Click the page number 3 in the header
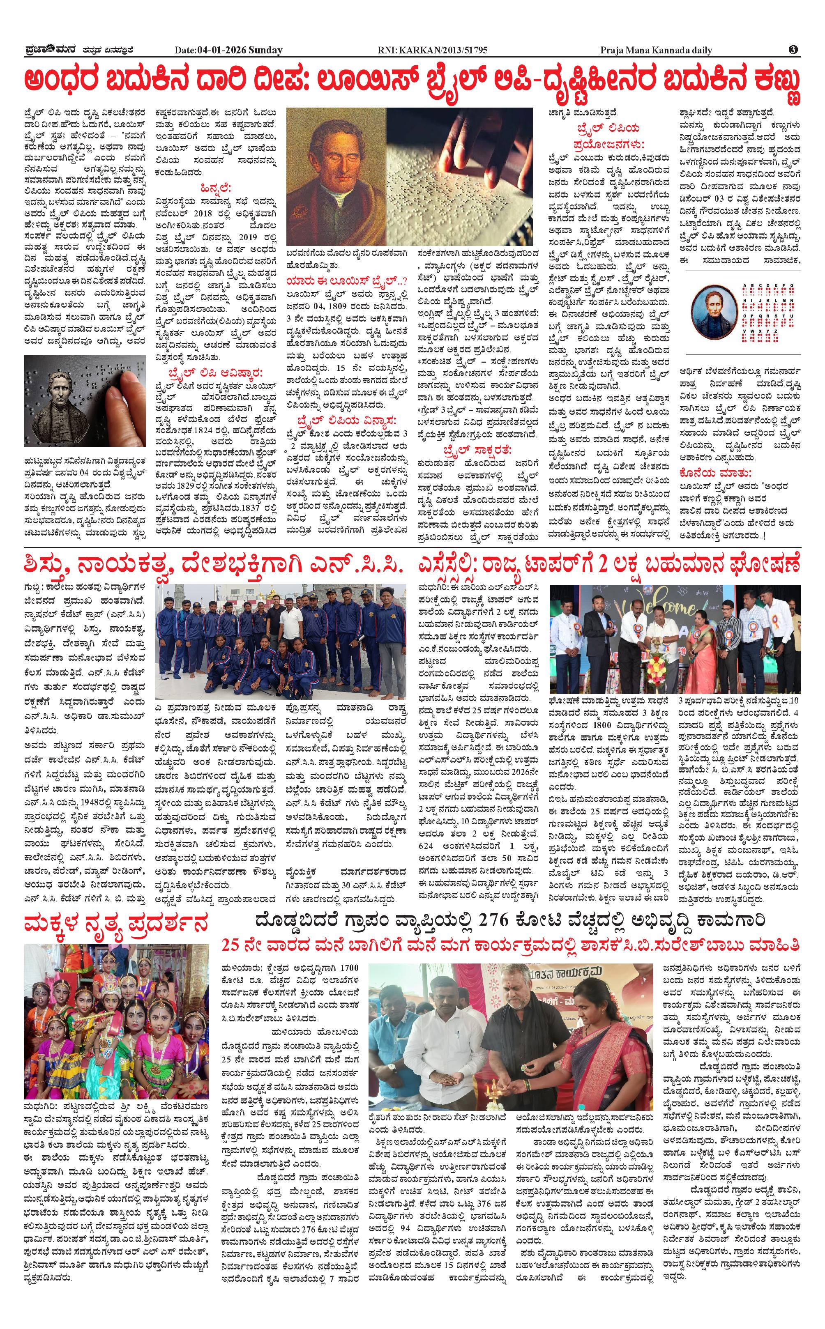tap(793, 50)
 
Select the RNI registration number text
tap(432, 50)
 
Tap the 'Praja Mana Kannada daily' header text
tap(656, 50)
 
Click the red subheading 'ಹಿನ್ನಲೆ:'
tap(216, 188)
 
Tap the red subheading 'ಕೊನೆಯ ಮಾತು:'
tap(715, 472)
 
